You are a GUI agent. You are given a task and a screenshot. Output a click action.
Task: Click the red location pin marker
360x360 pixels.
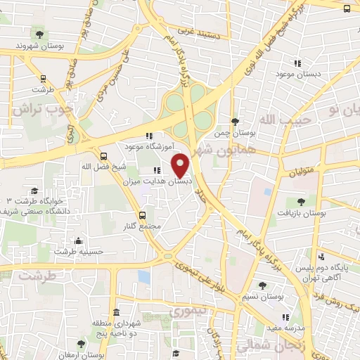click(181, 166)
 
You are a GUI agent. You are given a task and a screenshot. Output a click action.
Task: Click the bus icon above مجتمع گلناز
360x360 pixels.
click(143, 215)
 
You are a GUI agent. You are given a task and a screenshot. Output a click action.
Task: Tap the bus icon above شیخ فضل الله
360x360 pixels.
click(104, 156)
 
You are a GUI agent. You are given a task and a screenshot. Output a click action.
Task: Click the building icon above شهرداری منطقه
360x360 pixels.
click(116, 313)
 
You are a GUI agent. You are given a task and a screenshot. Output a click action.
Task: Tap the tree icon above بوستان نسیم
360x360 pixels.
click(262, 285)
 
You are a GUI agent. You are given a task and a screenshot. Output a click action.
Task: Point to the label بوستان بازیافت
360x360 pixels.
click(299, 212)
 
